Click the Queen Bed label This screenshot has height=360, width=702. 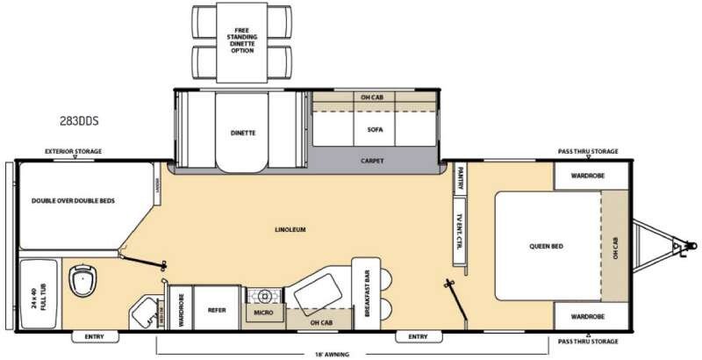tap(544, 246)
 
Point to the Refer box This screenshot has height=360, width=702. tap(217, 308)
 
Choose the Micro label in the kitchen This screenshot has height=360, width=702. tap(264, 311)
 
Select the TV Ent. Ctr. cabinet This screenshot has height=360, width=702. tap(458, 229)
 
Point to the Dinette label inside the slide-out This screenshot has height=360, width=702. tap(242, 133)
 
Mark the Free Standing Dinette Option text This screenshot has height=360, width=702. tap(242, 40)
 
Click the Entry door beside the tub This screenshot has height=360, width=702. tap(95, 336)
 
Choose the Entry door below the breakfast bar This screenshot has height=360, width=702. tap(418, 336)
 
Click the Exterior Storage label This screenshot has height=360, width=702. tap(74, 152)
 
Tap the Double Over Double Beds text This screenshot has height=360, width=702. tap(74, 200)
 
